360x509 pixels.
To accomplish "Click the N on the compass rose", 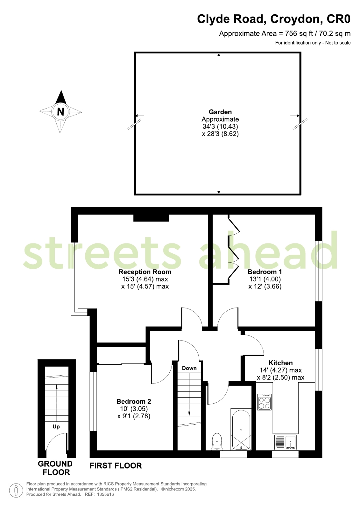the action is tap(60, 112).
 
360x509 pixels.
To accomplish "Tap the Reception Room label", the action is tap(145, 272).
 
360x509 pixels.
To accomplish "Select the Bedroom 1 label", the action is tap(265, 272).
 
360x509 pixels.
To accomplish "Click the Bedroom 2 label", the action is tap(134, 401).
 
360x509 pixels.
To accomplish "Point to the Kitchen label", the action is tap(280, 363).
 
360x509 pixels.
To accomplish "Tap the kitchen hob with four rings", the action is tap(264, 402).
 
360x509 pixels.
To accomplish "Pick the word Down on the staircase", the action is tap(189, 368).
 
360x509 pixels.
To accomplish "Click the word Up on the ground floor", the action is tap(56, 427).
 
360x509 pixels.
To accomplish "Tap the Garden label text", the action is tap(220, 112).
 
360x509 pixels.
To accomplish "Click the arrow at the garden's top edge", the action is tap(219, 58).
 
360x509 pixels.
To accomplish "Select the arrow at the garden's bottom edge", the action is tap(219, 189).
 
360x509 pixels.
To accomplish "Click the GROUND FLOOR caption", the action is tap(55, 468).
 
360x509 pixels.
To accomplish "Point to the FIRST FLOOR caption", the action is tap(116, 466).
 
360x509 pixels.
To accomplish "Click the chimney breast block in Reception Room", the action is tap(151, 218).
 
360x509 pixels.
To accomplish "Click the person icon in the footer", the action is tap(16, 490).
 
